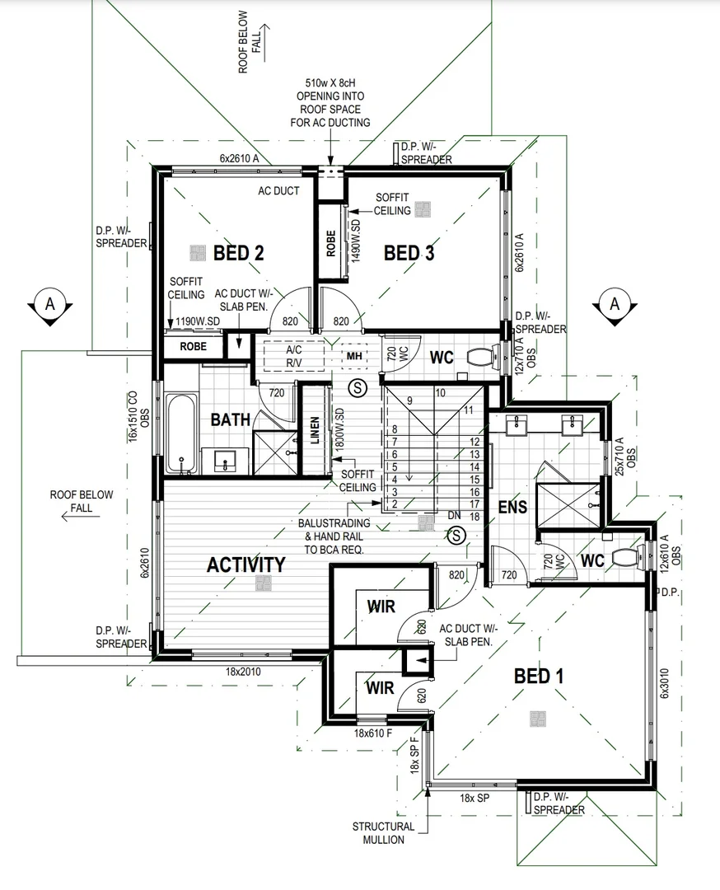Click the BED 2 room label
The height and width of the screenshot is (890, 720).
tap(238, 253)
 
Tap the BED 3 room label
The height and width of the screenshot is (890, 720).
tap(409, 253)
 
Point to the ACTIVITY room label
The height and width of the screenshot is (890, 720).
tap(245, 564)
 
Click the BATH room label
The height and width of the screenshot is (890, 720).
tap(230, 419)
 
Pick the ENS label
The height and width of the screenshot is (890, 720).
tap(512, 508)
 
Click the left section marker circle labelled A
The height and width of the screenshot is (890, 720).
tap(49, 303)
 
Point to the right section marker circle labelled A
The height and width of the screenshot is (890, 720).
tap(615, 303)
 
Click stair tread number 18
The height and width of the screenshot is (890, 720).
tap(475, 516)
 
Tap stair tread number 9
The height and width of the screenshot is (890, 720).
tap(409, 400)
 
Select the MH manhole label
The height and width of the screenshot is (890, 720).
tap(354, 356)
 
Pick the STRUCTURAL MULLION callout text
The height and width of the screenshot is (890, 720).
tap(383, 832)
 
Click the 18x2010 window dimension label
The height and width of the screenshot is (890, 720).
tap(243, 672)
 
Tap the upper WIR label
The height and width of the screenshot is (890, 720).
tap(381, 607)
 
